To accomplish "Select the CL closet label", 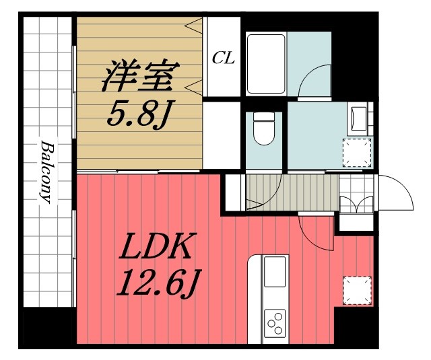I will pyautogui.click(x=223, y=58).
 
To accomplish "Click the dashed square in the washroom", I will pyautogui.click(x=358, y=152).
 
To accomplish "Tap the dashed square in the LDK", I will pyautogui.click(x=357, y=290).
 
